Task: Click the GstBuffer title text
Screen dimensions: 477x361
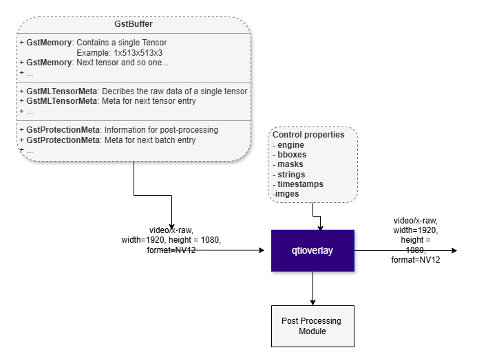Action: [134, 24]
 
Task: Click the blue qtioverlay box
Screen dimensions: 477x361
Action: [312, 251]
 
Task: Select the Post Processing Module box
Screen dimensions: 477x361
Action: [312, 326]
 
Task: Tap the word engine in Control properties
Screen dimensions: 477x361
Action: [290, 145]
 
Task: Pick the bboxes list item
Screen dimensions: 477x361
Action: [292, 155]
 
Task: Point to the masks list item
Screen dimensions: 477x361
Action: [290, 164]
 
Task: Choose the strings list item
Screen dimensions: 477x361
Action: [291, 175]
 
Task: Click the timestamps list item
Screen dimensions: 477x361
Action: [300, 184]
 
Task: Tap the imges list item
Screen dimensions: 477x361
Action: [287, 194]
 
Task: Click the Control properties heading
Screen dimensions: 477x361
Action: [308, 135]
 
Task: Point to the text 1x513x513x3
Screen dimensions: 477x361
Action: [138, 53]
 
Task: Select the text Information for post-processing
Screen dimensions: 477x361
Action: [161, 130]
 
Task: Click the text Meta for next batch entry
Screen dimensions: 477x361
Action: [150, 140]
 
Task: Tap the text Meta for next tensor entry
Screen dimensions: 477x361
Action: [149, 101]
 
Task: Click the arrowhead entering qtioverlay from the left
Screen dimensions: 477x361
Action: [262, 250]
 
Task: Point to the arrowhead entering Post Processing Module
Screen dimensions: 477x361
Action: [312, 303]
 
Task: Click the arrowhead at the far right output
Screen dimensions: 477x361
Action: [454, 250]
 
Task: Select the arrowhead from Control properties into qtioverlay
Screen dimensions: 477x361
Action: [320, 228]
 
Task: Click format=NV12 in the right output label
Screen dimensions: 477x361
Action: [416, 260]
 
